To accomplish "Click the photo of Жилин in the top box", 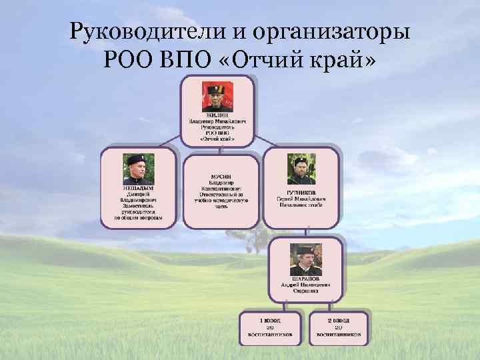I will click(x=218, y=98).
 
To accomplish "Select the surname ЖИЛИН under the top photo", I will click(x=218, y=115).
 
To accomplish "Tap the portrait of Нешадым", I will click(x=139, y=169).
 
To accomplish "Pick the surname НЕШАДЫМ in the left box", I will click(x=139, y=188).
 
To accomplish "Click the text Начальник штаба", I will click(x=301, y=205).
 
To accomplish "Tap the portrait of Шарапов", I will click(x=306, y=259).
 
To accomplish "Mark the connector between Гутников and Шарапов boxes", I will click(x=305, y=230).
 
